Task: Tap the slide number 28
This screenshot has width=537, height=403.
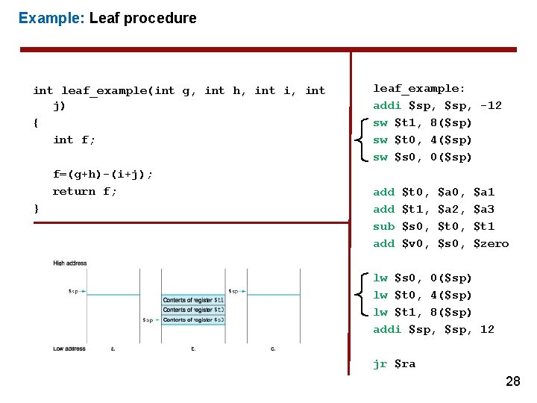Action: [x=513, y=381]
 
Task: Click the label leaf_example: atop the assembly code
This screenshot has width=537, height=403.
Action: [x=419, y=88]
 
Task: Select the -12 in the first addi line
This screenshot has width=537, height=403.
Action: [x=491, y=105]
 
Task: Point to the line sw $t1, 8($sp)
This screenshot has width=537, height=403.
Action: [x=422, y=122]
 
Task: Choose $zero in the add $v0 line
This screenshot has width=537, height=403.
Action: [x=491, y=243]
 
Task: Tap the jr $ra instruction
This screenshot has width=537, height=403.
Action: [x=395, y=363]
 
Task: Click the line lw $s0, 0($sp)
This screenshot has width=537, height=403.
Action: [x=422, y=278]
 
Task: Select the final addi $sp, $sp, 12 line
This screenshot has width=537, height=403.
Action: [x=433, y=329]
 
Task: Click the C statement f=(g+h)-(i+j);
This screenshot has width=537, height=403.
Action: [x=103, y=174]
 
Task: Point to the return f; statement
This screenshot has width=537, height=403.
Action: [x=84, y=191]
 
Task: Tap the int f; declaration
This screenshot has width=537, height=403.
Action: [x=74, y=140]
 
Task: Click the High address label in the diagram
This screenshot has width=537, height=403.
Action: [x=70, y=263]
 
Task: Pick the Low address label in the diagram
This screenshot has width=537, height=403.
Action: [x=69, y=348]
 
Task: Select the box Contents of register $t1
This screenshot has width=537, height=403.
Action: [x=193, y=300]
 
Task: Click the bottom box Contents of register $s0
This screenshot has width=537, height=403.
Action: [x=193, y=319]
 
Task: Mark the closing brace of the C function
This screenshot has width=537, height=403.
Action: [x=37, y=208]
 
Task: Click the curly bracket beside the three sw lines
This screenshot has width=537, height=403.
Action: [x=361, y=140]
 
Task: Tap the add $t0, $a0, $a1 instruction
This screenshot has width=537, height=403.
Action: [x=433, y=192]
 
